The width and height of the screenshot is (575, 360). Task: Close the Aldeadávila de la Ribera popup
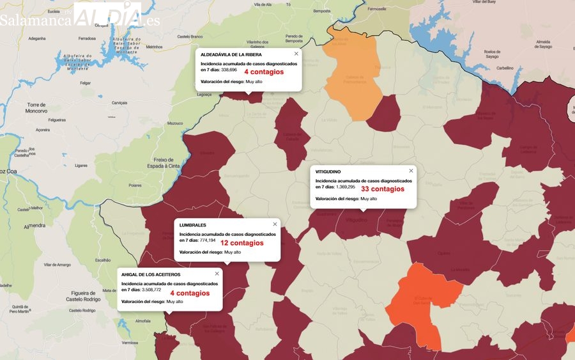coord(296,54)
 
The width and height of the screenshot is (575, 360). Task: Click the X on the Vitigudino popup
coord(411,171)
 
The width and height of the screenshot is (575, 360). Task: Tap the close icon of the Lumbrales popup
coord(275,224)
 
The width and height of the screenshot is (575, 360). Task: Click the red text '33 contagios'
coord(383,189)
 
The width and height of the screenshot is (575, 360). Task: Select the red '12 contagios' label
coord(241,243)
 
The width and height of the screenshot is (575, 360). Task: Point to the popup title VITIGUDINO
coord(328,172)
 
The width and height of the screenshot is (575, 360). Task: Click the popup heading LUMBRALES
coord(192,225)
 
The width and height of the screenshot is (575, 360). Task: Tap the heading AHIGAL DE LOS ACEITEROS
coord(150,274)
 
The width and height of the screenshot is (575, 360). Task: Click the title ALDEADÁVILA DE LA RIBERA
coord(231,54)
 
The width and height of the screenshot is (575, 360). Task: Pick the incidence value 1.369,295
coord(342,187)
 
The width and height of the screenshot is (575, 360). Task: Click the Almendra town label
coord(34,226)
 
